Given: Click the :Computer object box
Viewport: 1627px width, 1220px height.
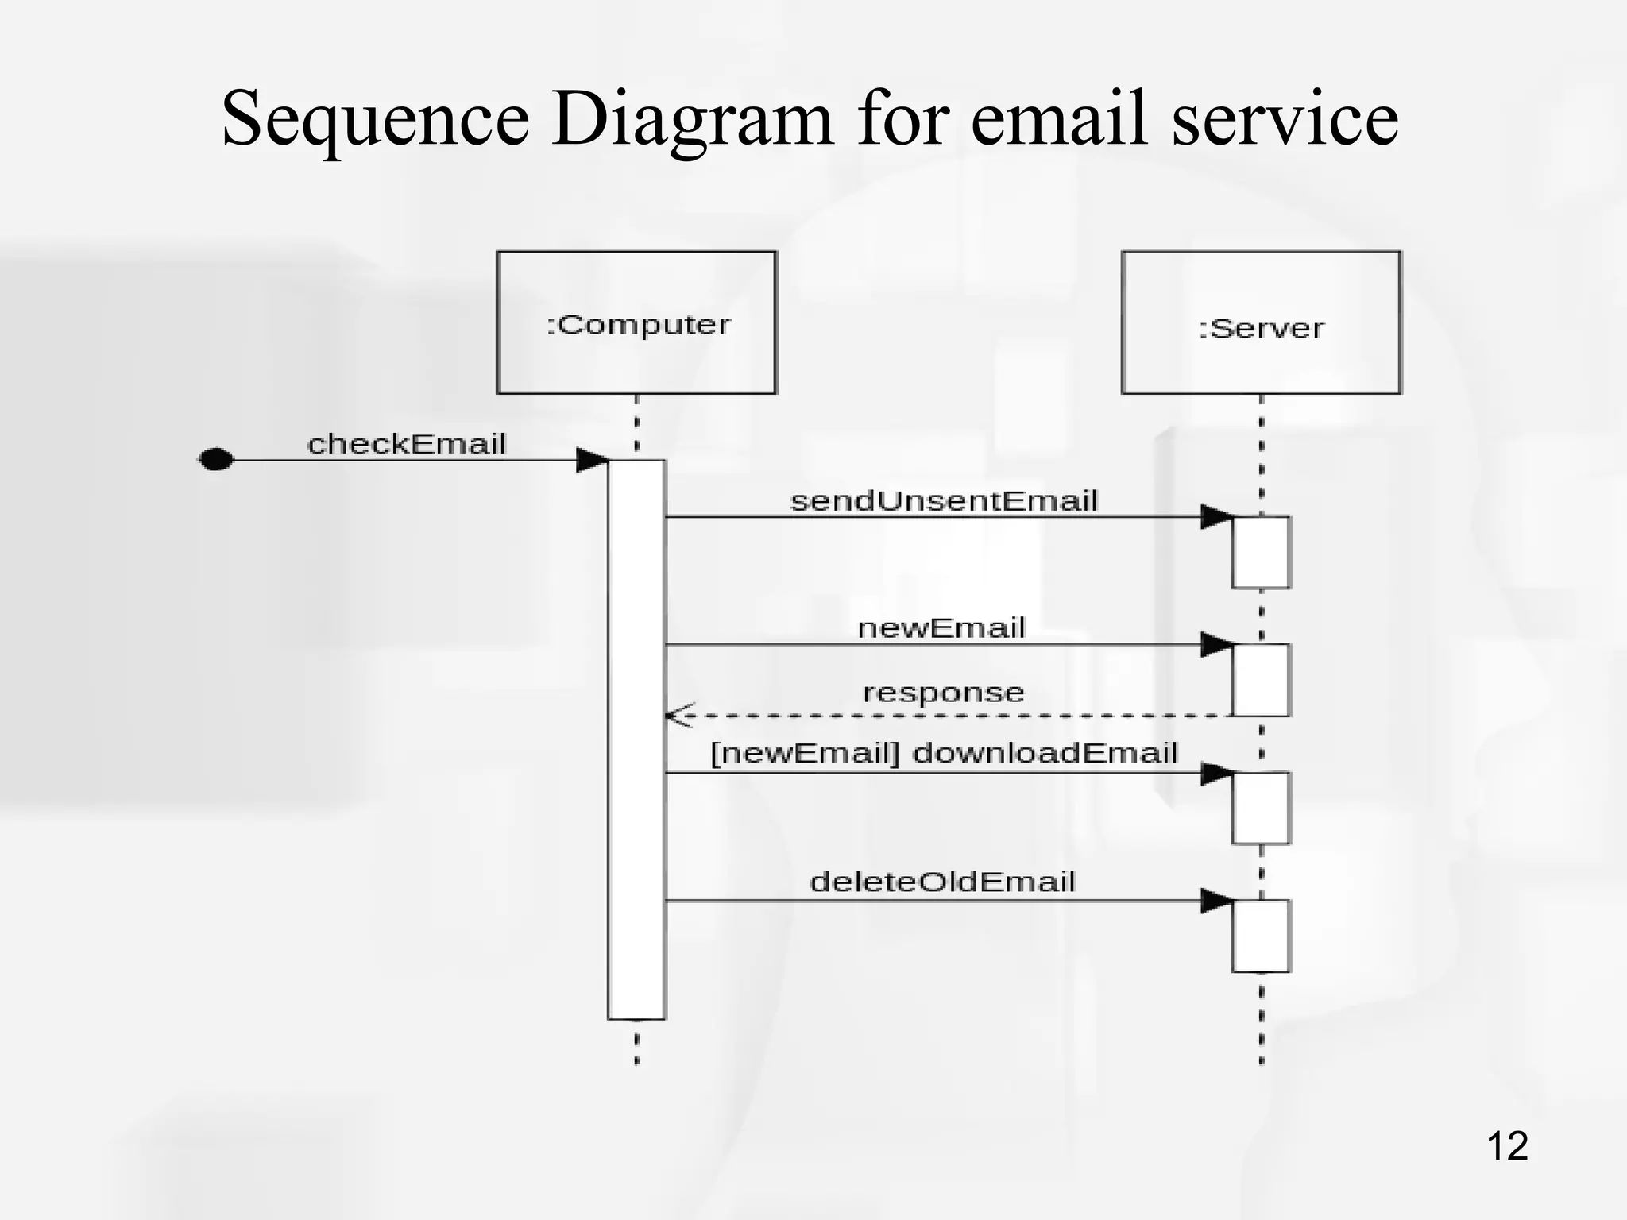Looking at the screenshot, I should (636, 322).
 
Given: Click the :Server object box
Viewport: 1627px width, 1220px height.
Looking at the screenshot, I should (1261, 322).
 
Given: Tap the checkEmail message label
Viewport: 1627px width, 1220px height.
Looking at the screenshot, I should (406, 443).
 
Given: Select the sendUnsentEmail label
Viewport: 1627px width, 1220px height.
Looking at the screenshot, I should (944, 500).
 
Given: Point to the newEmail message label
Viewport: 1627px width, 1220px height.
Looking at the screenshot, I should (941, 627).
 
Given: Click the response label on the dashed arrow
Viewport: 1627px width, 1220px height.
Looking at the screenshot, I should (944, 692).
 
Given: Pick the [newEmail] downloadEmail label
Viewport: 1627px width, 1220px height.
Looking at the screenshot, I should (944, 752).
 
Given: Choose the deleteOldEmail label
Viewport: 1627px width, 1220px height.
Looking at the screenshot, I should (942, 881).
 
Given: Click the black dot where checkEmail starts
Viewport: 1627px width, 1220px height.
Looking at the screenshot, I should (215, 459).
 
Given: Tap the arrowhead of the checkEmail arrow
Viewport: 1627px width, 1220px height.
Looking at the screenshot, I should (591, 459).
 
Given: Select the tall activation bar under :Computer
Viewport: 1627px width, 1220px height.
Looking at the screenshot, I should (636, 739).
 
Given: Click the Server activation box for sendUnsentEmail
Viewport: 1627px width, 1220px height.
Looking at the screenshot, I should (1261, 552).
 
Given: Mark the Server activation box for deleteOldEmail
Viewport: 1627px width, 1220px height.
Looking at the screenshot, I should (1261, 935).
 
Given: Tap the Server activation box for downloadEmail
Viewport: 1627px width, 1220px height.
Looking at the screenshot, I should (1261, 807).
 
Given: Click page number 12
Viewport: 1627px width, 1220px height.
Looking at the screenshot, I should (1506, 1146).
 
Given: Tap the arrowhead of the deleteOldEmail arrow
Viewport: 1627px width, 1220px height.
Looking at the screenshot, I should (1216, 900).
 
